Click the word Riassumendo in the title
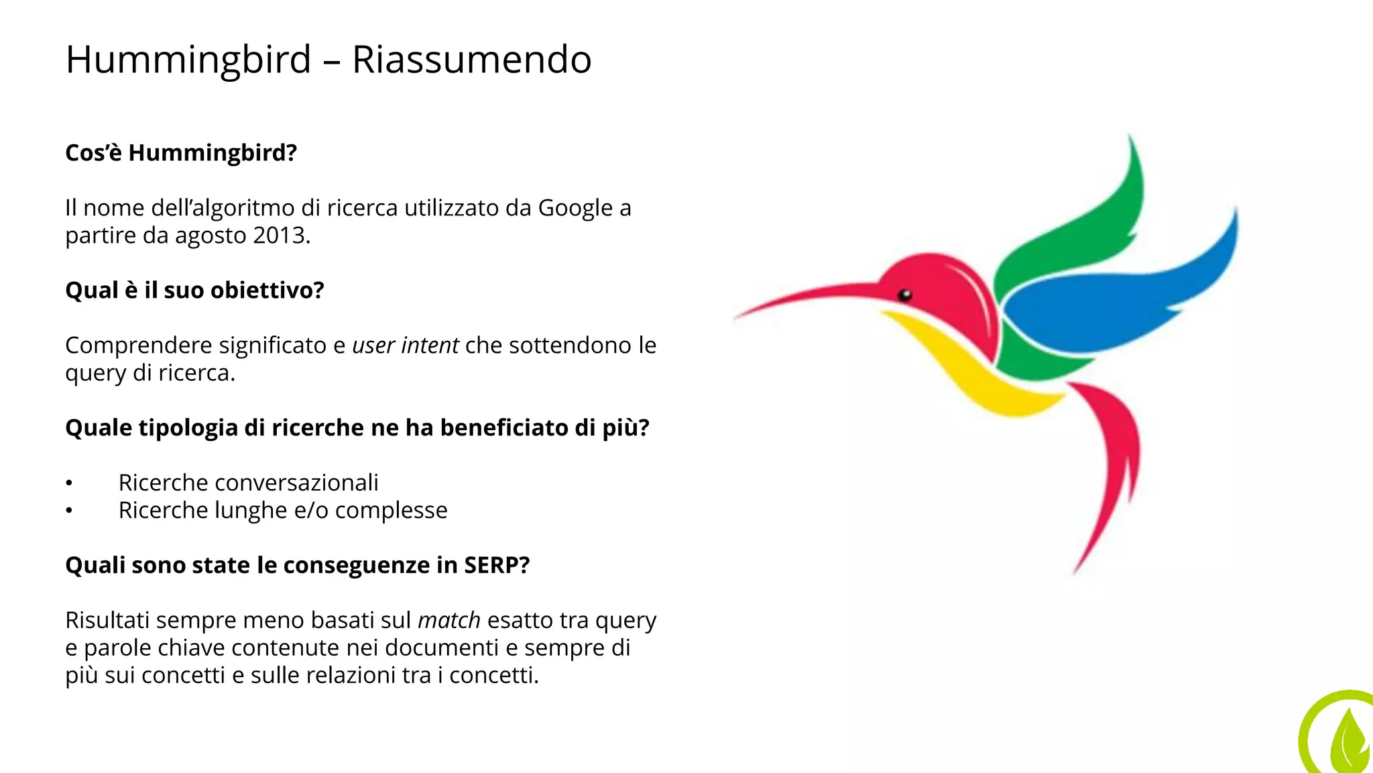471,59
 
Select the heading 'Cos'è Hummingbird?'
181,153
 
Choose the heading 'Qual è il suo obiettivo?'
194,290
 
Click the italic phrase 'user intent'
405,346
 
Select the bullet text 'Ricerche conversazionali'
248,482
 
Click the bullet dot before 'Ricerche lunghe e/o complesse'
69,511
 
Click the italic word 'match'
449,621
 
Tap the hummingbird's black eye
904,295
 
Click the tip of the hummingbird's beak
738,316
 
